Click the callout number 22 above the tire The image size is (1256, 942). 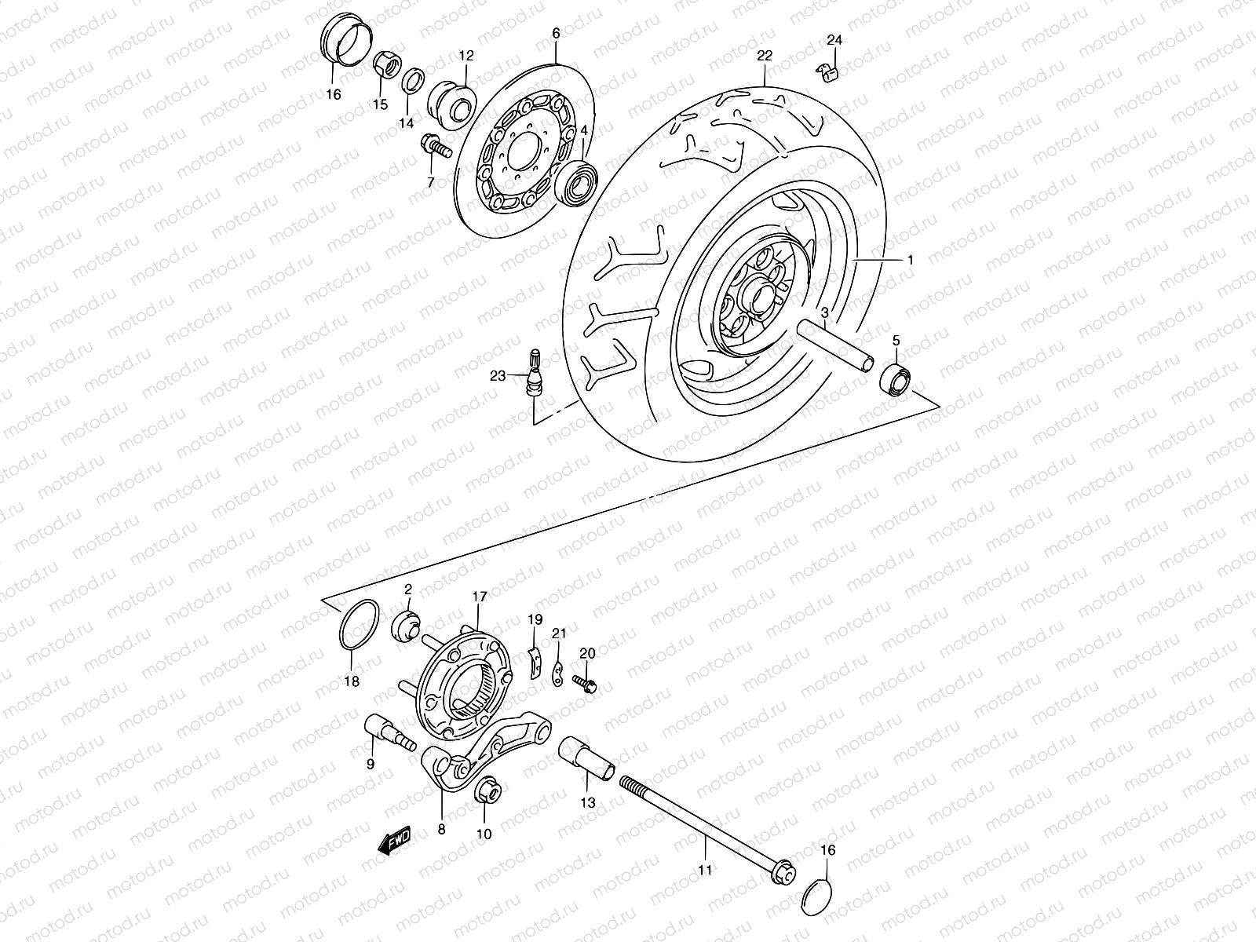pyautogui.click(x=765, y=56)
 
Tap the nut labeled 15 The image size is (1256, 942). pyautogui.click(x=385, y=64)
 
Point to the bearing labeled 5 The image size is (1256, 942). pyautogui.click(x=895, y=378)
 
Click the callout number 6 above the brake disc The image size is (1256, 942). pyautogui.click(x=556, y=34)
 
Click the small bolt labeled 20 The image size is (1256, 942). pyautogui.click(x=585, y=683)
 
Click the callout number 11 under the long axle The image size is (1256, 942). pyautogui.click(x=704, y=870)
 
